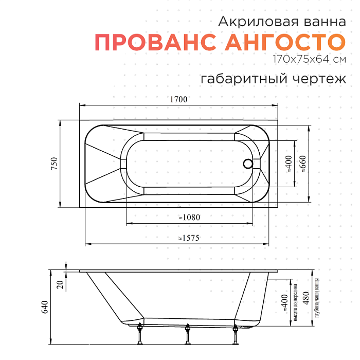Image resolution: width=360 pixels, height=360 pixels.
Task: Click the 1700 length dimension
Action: (x=178, y=99)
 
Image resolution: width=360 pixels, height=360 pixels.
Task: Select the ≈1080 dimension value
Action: (x=189, y=218)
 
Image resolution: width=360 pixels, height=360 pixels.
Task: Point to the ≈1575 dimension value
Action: (x=188, y=238)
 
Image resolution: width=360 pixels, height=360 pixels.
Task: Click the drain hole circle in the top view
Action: (x=248, y=164)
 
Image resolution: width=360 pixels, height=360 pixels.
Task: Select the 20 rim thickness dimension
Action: (x=60, y=283)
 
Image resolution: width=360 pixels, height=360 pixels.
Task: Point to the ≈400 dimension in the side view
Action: (x=284, y=303)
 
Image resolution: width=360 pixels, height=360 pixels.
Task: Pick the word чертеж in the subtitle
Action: (x=318, y=79)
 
